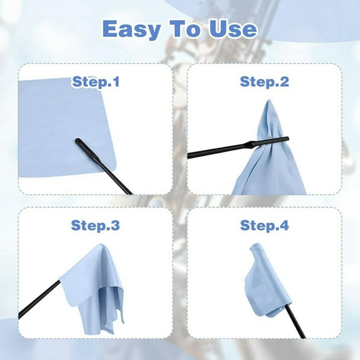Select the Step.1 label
pos(96,81)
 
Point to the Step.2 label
pos(264,81)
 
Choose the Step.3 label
pos(96,226)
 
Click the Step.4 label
pos(264,226)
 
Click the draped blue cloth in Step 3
pos(94,281)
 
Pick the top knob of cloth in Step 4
pos(258,248)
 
